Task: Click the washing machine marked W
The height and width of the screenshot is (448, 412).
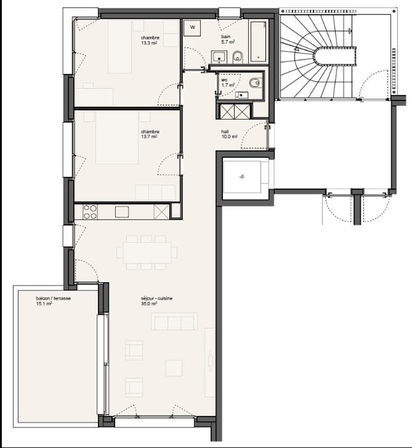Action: click(193, 28)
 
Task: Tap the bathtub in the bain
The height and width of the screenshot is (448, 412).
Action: click(259, 41)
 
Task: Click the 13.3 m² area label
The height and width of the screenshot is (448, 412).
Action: click(149, 43)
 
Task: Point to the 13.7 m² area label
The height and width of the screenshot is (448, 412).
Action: click(149, 137)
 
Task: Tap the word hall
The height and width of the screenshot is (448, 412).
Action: click(225, 131)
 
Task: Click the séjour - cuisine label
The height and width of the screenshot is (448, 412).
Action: click(157, 298)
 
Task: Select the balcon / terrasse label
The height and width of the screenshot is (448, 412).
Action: click(54, 298)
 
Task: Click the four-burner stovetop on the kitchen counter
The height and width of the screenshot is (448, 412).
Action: click(90, 212)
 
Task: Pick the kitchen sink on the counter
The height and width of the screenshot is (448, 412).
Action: click(122, 212)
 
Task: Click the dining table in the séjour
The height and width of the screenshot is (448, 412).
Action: click(147, 253)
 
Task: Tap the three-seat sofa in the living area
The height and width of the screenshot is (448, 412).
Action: click(174, 321)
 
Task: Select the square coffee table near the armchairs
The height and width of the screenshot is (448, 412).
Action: click(174, 368)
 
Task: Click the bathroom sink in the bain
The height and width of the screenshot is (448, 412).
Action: click(219, 57)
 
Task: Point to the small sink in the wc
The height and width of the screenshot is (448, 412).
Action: click(242, 95)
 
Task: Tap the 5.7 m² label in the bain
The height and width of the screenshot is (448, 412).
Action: click(228, 42)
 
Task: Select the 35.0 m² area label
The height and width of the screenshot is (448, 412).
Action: click(149, 304)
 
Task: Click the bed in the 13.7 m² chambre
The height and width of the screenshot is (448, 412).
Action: click(117, 138)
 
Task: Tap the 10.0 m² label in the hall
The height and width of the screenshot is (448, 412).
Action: click(229, 137)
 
